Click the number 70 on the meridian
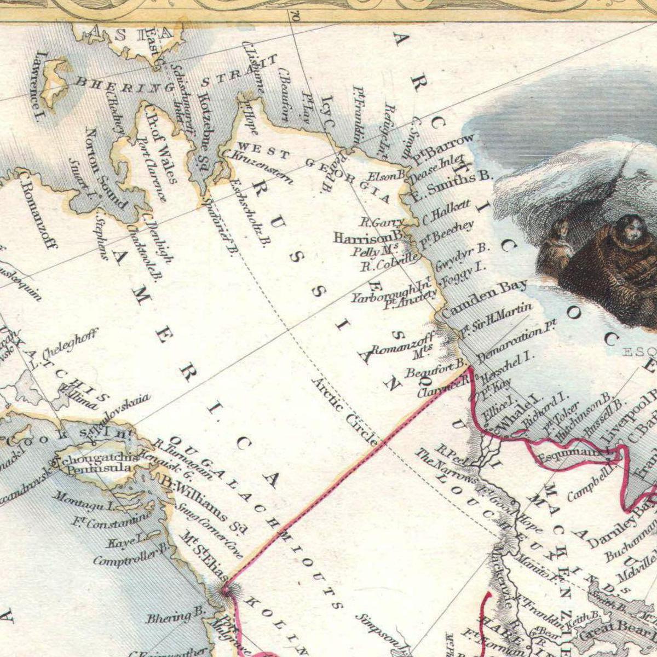tap(295, 16)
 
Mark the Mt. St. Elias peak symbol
tap(225, 590)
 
